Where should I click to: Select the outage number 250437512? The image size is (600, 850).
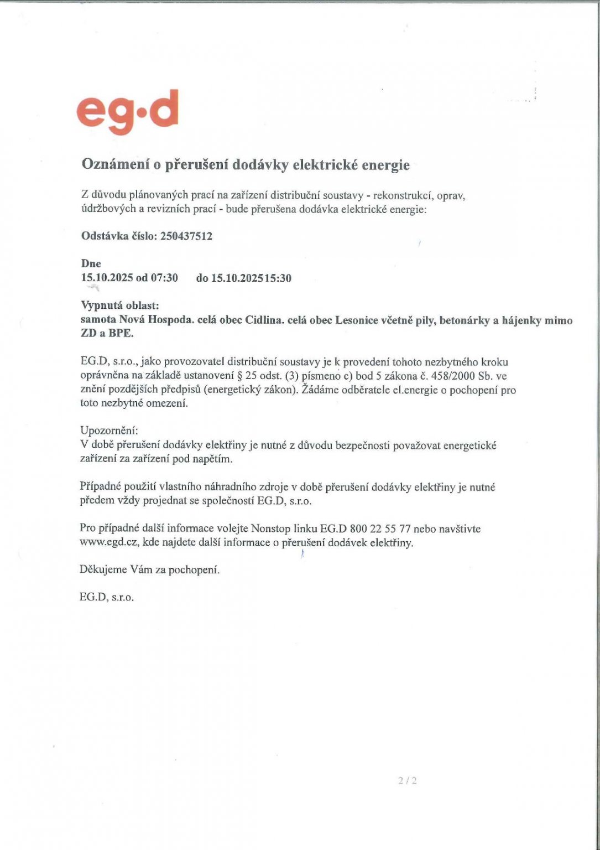tap(186, 236)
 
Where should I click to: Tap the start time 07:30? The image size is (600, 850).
tap(165, 278)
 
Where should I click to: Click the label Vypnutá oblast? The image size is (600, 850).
tap(120, 305)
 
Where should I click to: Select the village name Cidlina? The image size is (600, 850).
tap(263, 320)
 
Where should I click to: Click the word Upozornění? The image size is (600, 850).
tap(109, 431)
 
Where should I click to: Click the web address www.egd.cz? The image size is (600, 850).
tap(109, 543)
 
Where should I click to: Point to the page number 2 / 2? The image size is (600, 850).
tap(407, 781)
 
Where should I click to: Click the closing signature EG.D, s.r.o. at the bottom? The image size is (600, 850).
tap(107, 598)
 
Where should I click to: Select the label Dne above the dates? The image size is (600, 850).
tap(91, 264)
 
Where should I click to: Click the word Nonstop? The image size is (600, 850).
tap(271, 529)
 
